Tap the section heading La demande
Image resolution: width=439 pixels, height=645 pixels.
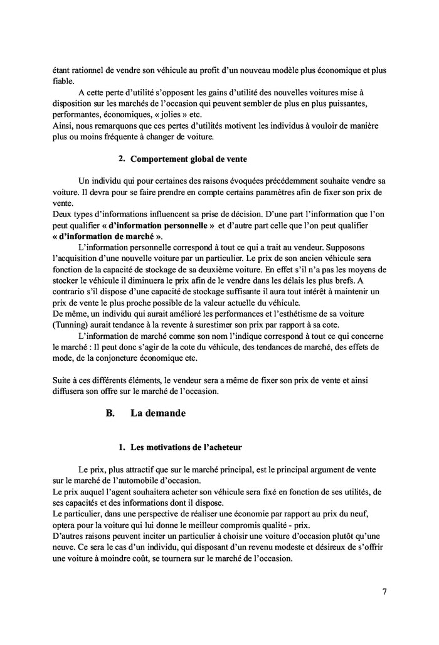(157, 413)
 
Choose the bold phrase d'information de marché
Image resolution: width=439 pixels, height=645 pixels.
(106, 236)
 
